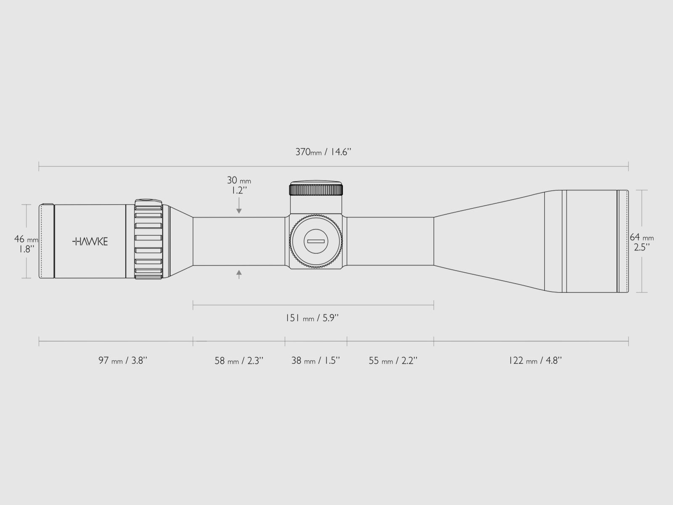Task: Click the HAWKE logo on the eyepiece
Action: click(x=90, y=242)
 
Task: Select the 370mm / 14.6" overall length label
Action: click(x=323, y=152)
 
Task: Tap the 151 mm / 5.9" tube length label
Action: click(x=312, y=318)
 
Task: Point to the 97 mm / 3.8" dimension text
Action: click(x=123, y=360)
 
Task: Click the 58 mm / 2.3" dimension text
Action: click(x=239, y=361)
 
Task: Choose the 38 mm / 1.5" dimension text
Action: click(x=315, y=360)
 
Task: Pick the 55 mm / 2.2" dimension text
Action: click(x=393, y=361)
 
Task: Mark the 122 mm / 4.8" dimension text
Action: click(x=535, y=360)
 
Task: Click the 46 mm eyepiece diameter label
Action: click(x=26, y=239)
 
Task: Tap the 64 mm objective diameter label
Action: click(x=642, y=237)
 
